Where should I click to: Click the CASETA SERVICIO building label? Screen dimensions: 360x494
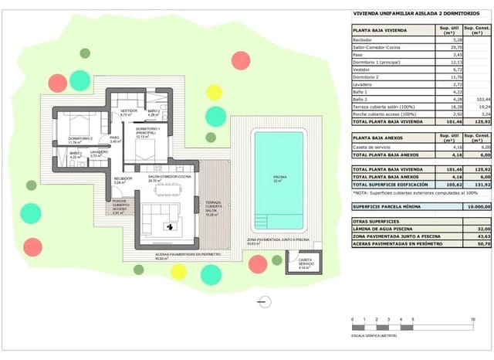pos(305,262)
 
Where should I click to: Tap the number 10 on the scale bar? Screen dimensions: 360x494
pos(472,319)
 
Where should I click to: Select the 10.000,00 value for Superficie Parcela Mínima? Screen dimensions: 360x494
pos(472,207)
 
